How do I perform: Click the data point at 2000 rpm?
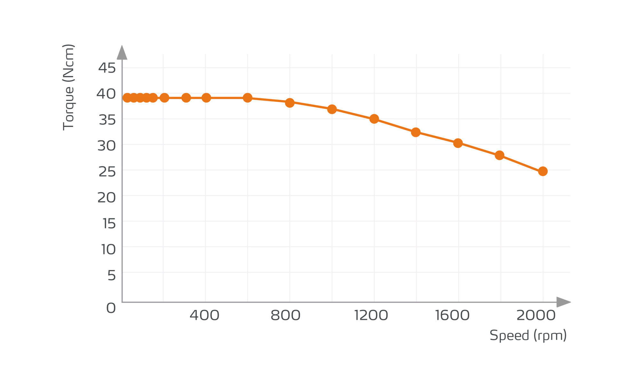point(543,171)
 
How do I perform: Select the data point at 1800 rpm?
point(500,156)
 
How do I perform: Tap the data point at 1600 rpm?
point(458,143)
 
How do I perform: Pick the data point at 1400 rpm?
point(416,132)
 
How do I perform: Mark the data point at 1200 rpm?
point(374,119)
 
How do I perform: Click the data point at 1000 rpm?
point(332,109)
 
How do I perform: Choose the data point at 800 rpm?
point(290,103)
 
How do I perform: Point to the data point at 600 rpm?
point(247,98)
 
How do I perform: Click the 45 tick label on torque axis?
point(107,68)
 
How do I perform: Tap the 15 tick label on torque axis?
point(109,224)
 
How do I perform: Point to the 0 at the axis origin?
point(111,308)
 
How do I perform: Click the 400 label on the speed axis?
point(204,316)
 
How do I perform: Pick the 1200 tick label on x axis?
point(371,316)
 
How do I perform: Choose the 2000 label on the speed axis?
point(536,316)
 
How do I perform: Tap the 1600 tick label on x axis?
point(452,316)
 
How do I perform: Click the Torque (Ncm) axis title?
point(69,87)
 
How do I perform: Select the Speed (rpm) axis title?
point(528,336)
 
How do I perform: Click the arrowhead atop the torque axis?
point(122,53)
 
